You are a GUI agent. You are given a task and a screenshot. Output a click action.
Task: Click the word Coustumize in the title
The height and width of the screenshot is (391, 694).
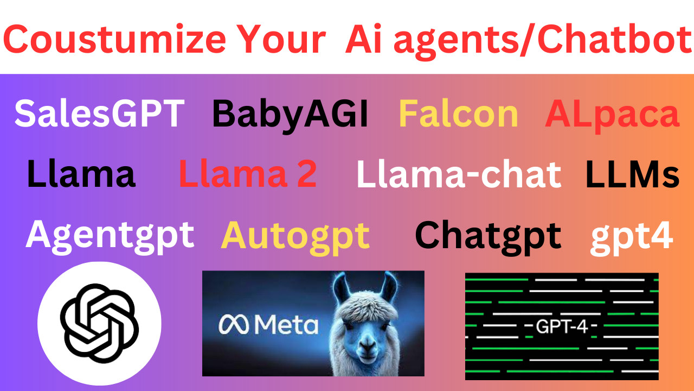point(114,40)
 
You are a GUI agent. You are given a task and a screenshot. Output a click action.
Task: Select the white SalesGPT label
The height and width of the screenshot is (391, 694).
point(99,113)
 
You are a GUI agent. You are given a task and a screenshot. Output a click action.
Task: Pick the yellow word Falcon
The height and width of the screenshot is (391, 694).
point(458,113)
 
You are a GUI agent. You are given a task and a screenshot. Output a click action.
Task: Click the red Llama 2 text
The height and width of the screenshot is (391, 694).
point(248,173)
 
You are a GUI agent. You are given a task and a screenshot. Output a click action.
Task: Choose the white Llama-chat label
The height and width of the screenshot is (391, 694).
point(459,173)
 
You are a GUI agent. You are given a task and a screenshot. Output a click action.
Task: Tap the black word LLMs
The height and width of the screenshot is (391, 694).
point(632,174)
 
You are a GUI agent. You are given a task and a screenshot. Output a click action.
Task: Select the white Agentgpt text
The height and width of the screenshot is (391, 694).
point(110,237)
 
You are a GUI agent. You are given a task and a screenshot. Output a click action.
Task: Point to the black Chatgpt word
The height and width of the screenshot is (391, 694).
point(488,237)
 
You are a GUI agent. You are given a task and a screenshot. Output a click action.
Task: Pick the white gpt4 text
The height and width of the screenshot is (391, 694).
point(632,238)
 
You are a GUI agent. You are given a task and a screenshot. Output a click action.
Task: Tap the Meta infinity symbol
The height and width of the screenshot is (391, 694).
point(234,325)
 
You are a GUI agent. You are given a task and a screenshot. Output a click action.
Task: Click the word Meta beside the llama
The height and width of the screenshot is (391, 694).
point(286,325)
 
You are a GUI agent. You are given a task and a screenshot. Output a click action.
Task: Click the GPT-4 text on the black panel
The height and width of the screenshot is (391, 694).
point(562,326)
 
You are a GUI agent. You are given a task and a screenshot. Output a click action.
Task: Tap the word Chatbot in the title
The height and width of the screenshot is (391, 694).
point(614,40)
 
